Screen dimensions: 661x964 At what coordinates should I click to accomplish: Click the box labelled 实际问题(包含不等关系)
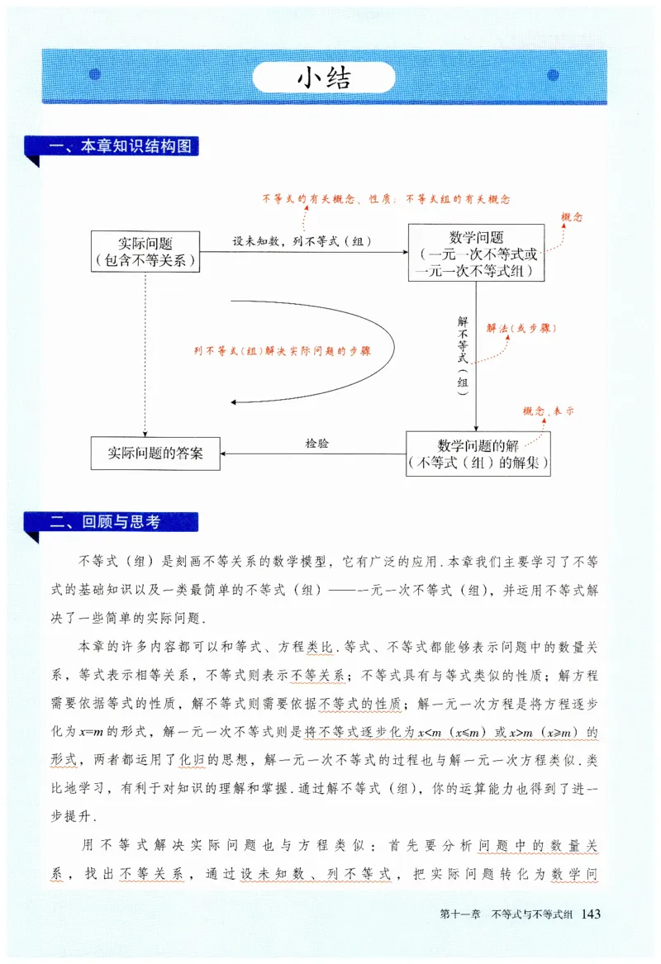point(145,252)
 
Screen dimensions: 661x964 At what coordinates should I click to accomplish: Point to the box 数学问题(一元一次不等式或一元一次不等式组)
point(478,252)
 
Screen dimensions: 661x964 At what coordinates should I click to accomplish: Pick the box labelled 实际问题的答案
point(155,454)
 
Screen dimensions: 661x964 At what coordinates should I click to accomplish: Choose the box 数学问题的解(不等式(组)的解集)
point(478,454)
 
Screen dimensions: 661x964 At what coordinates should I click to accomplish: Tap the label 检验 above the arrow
point(316,444)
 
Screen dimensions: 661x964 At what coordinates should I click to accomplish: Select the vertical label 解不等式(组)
point(462,351)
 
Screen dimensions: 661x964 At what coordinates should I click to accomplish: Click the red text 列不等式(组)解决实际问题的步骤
point(282,350)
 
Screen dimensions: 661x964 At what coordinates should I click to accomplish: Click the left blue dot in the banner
point(94,75)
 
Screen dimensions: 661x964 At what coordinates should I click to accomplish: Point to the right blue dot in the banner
point(553,75)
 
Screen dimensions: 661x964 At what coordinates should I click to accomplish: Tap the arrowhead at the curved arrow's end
point(235,402)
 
